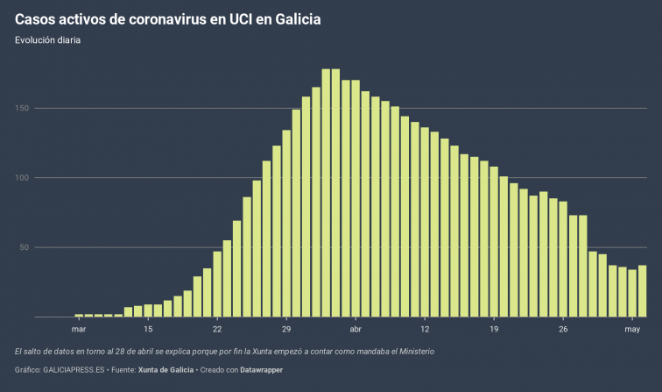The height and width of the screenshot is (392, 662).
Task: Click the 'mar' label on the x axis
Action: click(x=78, y=329)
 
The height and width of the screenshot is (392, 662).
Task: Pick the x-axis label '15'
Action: click(x=148, y=329)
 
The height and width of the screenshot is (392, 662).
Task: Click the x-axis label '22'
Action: click(x=217, y=329)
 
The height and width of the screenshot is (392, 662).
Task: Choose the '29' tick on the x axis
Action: click(x=286, y=329)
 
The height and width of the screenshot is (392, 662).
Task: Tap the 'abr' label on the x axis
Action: click(x=356, y=329)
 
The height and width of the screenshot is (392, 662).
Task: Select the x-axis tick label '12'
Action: click(x=425, y=329)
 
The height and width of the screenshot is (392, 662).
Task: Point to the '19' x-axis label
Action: click(x=494, y=329)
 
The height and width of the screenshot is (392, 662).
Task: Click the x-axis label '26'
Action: click(x=563, y=329)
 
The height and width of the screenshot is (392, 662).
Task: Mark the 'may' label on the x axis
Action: click(x=632, y=329)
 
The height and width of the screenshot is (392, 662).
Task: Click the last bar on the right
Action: click(x=642, y=290)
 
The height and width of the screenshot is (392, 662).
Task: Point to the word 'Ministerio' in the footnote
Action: click(x=412, y=351)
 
